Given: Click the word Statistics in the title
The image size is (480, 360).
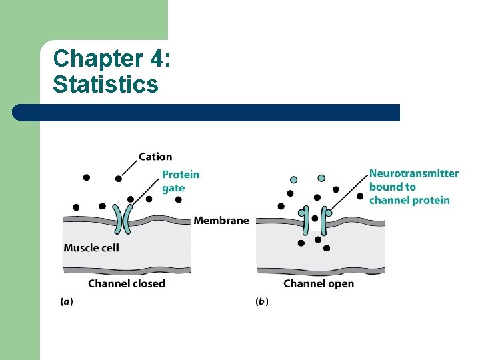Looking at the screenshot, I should (105, 85).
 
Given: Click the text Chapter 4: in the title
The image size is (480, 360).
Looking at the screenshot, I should (112, 59).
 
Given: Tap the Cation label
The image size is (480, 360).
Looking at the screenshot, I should (155, 157).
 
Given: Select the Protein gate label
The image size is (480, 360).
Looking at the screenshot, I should (180, 181).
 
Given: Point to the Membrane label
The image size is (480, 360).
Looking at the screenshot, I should (221, 221).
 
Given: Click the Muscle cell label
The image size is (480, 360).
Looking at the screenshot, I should (91, 248).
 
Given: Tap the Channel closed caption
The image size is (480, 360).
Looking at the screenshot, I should (126, 283).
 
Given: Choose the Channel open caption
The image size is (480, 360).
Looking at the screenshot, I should (319, 283).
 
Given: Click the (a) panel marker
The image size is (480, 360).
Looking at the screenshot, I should (67, 302).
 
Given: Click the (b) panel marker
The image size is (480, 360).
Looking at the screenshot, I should (262, 302).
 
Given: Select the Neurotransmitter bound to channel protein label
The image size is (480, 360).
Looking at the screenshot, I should (413, 187).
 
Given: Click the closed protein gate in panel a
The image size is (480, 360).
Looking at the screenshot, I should (122, 219).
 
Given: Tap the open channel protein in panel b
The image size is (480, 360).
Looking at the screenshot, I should (315, 221).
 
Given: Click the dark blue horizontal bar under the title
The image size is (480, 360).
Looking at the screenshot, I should (207, 113).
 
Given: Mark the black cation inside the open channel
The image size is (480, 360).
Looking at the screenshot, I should (315, 219).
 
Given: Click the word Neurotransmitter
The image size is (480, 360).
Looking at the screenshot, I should (413, 173).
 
